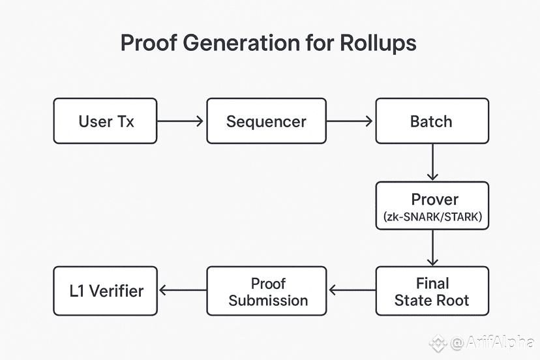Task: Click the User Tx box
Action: click(105, 121)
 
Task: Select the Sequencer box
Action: click(266, 121)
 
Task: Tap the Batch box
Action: click(432, 121)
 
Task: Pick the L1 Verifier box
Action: click(105, 291)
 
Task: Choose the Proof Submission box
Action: click(267, 291)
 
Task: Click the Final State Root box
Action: click(432, 291)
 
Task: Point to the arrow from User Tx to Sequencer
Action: click(180, 121)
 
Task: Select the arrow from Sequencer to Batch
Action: click(350, 121)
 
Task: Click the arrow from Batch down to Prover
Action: click(432, 162)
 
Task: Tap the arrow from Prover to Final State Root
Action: click(432, 248)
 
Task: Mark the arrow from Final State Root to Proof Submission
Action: click(352, 290)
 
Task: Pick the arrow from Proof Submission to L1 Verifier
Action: click(183, 290)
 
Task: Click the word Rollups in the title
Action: click(378, 44)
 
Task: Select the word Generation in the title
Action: click(241, 43)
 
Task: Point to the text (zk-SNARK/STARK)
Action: click(432, 217)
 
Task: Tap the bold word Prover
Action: click(434, 200)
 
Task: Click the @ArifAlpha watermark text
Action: click(492, 342)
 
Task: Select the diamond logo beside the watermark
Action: click(438, 343)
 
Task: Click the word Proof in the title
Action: click(149, 43)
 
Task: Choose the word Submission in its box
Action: click(268, 301)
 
